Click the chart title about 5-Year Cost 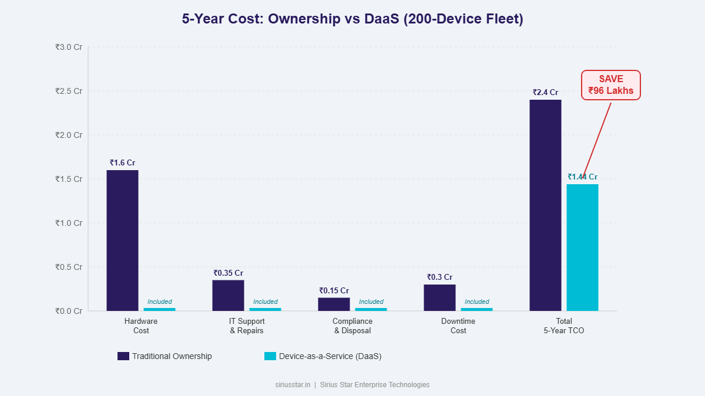click(x=352, y=19)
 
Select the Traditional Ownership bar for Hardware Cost click(x=122, y=241)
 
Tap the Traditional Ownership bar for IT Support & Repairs click(x=228, y=295)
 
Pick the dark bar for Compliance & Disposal click(x=334, y=304)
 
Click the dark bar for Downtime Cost click(x=439, y=297)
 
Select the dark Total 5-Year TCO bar click(x=545, y=205)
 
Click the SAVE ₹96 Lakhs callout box click(x=610, y=85)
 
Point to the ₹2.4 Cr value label click(x=545, y=92)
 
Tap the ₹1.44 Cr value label click(x=582, y=177)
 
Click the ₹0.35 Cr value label click(x=228, y=273)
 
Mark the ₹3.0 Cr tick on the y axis click(x=69, y=47)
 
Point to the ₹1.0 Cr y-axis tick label click(x=69, y=223)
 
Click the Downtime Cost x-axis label click(x=458, y=326)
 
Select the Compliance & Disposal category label click(x=352, y=326)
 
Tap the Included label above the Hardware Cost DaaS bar click(x=159, y=302)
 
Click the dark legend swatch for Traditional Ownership click(x=123, y=356)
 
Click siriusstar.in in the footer click(x=293, y=385)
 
